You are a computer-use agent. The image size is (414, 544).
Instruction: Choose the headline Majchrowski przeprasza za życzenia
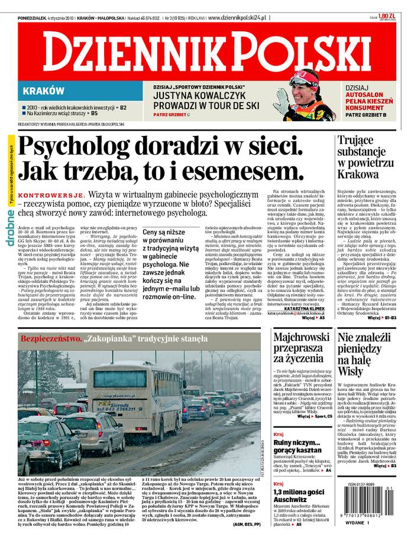pos(300,348)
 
